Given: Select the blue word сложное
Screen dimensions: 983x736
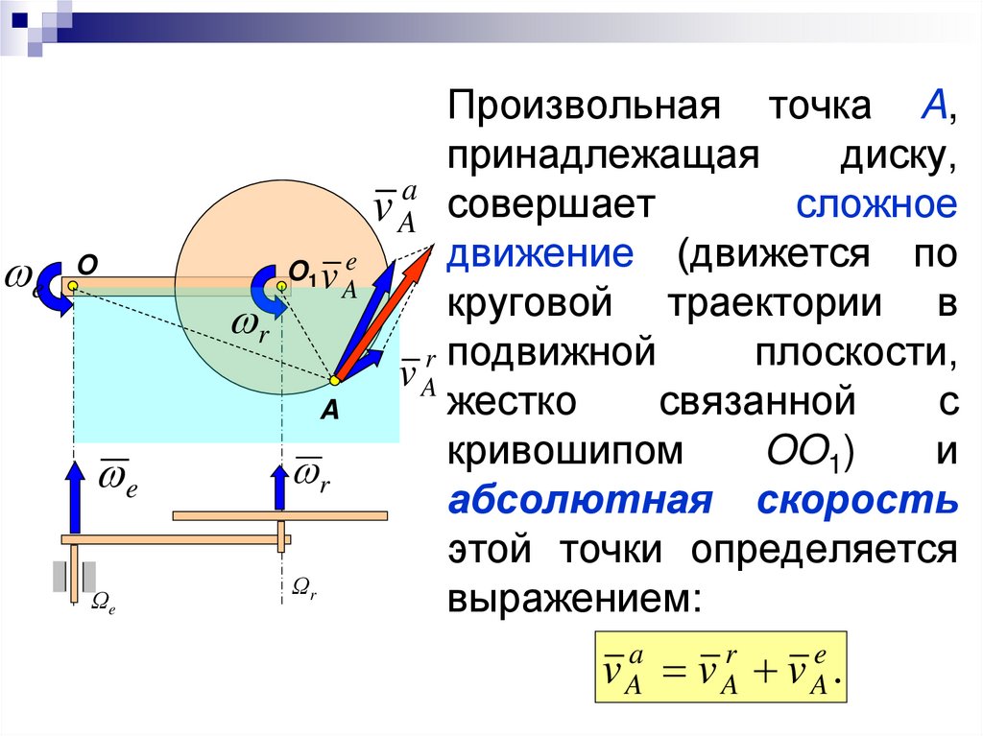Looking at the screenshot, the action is [x=875, y=204].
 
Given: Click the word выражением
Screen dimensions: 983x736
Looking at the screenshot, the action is [x=569, y=598].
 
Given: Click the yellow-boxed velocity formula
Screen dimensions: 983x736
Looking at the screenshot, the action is [x=721, y=670].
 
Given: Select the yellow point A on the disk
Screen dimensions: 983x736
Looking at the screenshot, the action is [x=334, y=380].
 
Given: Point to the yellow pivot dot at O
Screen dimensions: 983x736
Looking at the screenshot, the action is [x=73, y=286].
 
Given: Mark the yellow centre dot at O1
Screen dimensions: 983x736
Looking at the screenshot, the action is [x=281, y=286].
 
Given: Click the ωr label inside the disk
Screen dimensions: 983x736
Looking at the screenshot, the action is [x=249, y=327].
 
